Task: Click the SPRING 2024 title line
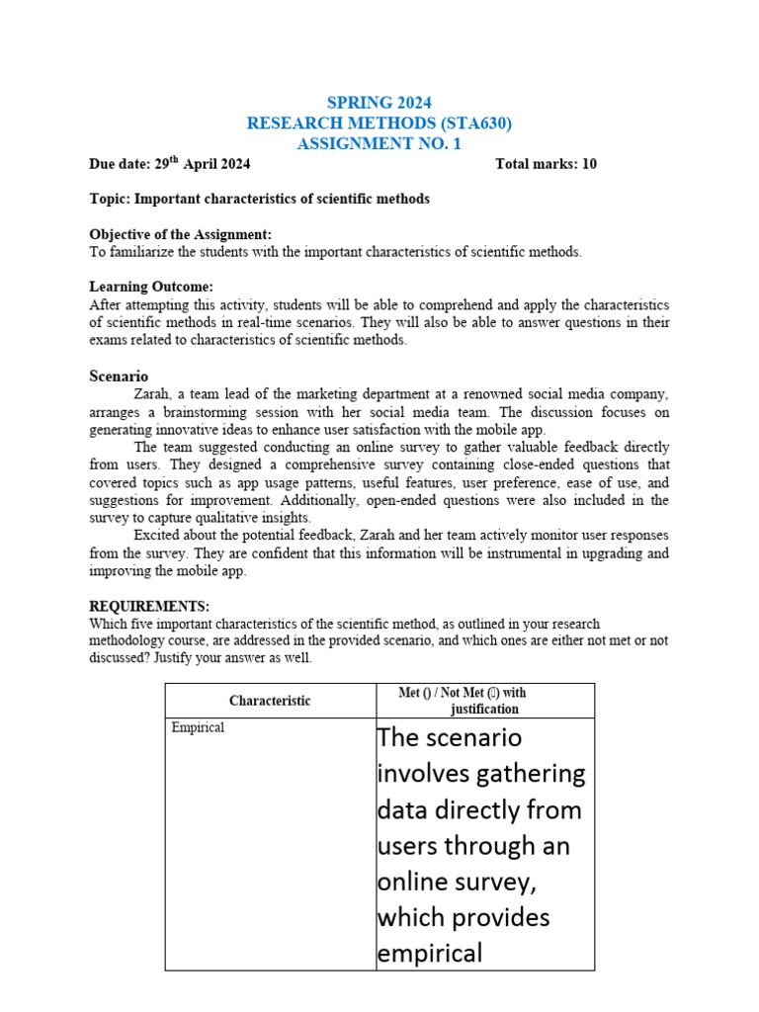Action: [x=379, y=103]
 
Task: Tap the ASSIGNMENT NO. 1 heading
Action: [x=379, y=144]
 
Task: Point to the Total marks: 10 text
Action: [x=546, y=164]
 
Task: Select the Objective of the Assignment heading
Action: [x=180, y=234]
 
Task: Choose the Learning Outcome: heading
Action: [x=151, y=287]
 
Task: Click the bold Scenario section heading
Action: [x=119, y=377]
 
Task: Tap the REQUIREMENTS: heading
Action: [x=149, y=606]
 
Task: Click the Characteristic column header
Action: [x=270, y=701]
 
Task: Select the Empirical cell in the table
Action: [x=199, y=727]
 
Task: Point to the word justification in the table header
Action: [x=484, y=710]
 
